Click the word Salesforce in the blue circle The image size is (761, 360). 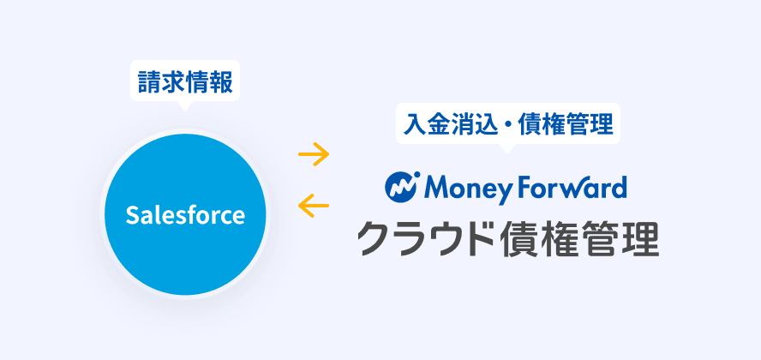tap(185, 215)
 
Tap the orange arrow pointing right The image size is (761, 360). tap(314, 155)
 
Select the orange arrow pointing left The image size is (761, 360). tap(314, 205)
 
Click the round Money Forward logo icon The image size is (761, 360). tap(402, 187)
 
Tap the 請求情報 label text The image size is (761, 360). tap(185, 81)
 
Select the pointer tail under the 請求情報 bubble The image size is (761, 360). tap(184, 105)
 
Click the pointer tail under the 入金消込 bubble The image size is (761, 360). tap(507, 148)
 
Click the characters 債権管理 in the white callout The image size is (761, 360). tap(566, 124)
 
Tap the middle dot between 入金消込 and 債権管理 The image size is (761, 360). tap(507, 124)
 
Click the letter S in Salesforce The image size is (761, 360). tap(133, 215)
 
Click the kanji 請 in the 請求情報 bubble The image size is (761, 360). tap(150, 81)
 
